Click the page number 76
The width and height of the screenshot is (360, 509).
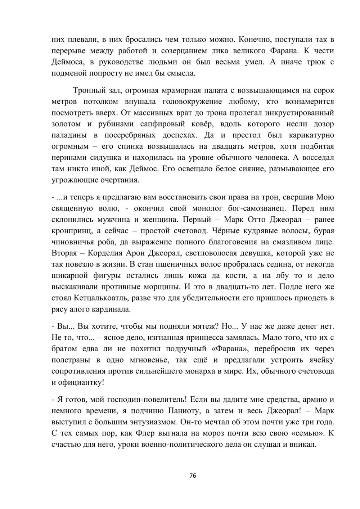tap(193, 476)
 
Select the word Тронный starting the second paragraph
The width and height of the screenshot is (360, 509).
tap(88, 90)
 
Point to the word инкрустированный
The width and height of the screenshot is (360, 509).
tap(300, 113)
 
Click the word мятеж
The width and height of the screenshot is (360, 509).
tap(202, 326)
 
